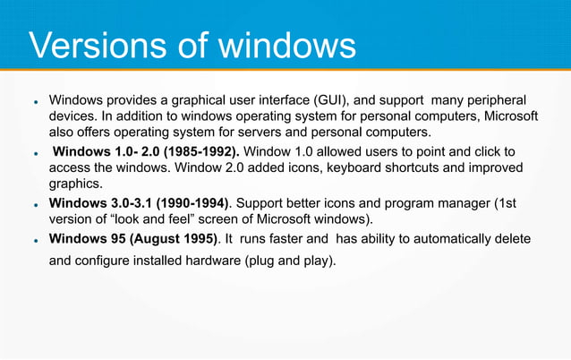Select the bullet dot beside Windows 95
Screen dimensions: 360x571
[33, 241]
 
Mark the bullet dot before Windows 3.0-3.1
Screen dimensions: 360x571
[33, 205]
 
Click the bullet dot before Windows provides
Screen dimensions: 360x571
[33, 100]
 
